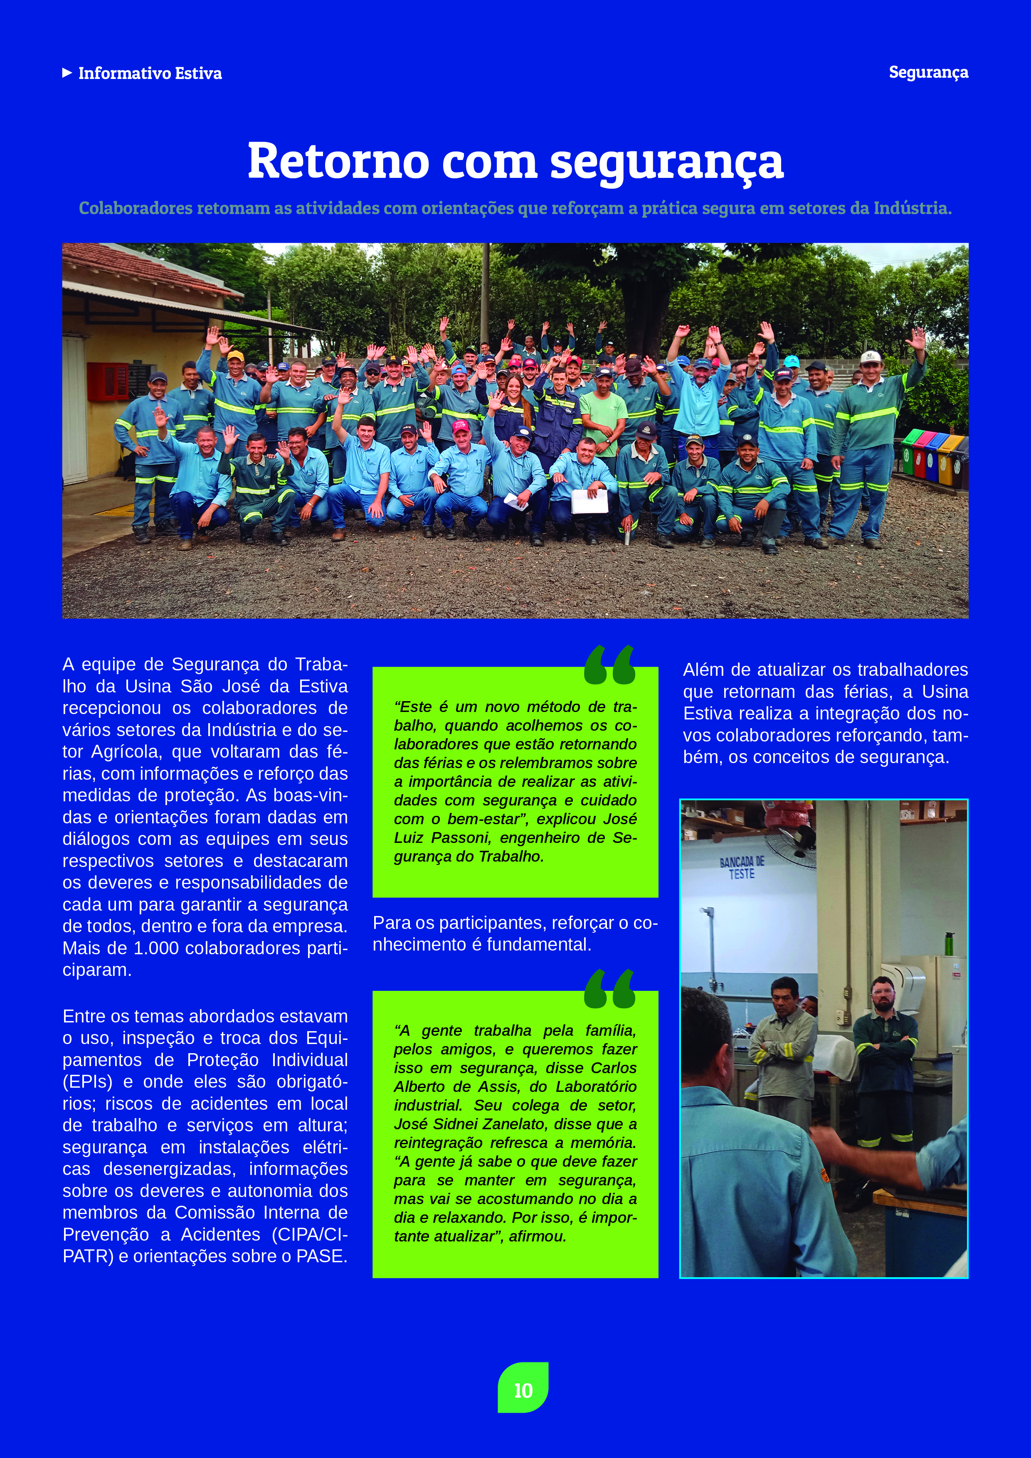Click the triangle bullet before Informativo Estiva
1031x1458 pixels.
[x=67, y=73]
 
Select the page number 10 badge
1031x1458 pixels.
[x=523, y=1390]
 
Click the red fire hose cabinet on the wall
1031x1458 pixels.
[x=108, y=381]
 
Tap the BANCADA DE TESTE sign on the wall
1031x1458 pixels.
[x=741, y=867]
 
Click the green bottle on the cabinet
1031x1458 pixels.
[x=949, y=943]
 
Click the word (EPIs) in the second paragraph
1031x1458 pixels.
[x=88, y=1081]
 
